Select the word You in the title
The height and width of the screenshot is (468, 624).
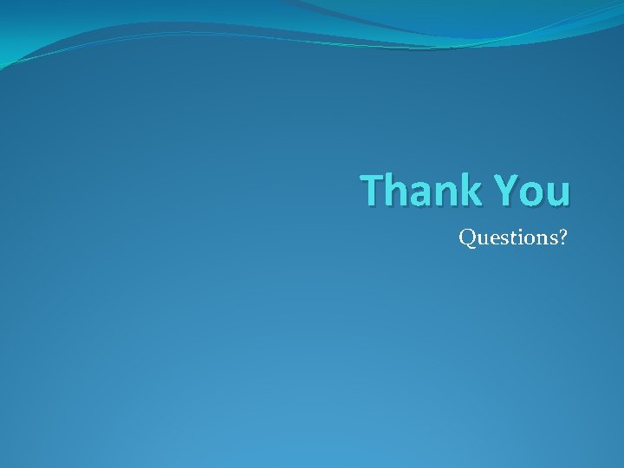(x=533, y=190)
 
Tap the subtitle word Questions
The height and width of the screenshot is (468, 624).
(x=509, y=237)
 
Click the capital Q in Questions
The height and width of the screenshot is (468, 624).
(x=466, y=237)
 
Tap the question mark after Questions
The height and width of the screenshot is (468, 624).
(x=562, y=236)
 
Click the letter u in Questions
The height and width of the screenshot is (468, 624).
(x=479, y=238)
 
